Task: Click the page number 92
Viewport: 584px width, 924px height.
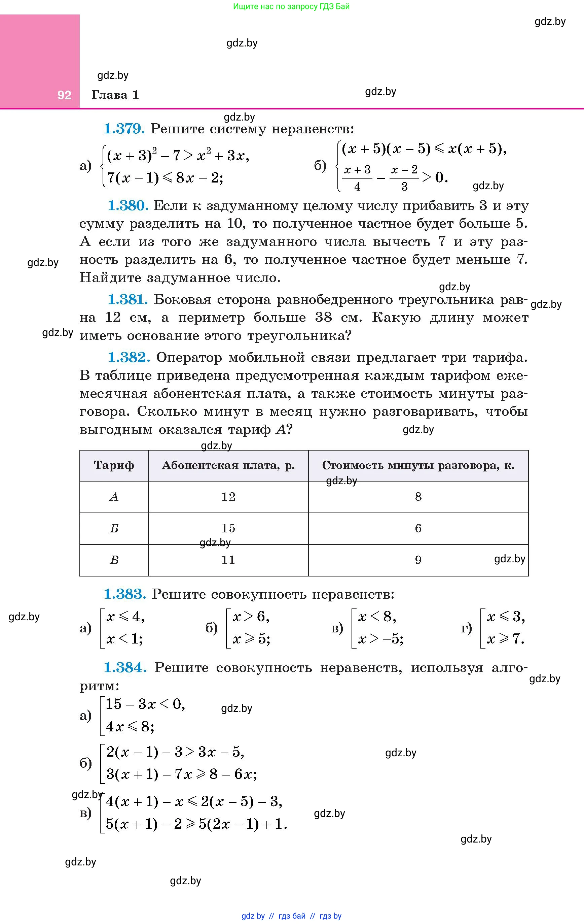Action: click(64, 95)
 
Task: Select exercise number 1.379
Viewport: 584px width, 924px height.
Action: click(124, 129)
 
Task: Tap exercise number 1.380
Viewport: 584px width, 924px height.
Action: click(128, 206)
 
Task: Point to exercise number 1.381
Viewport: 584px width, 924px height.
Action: click(128, 300)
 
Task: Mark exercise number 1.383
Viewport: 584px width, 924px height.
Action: click(124, 594)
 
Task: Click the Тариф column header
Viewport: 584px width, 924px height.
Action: click(114, 465)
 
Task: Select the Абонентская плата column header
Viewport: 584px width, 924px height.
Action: click(228, 465)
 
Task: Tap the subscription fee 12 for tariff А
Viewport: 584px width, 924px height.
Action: click(228, 497)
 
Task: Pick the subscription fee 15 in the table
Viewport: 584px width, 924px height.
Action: click(228, 528)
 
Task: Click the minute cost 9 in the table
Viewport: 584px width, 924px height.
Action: click(418, 560)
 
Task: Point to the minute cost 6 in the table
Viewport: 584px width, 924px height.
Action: click(418, 528)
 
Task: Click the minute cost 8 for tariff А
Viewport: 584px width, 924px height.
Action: click(418, 497)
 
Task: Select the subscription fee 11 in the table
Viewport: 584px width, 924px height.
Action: click(228, 560)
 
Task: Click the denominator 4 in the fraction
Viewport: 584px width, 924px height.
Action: click(357, 187)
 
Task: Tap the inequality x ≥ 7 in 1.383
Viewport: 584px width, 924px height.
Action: click(505, 639)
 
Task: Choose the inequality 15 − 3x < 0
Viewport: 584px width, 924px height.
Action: click(145, 704)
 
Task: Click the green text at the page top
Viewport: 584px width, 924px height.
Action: click(291, 6)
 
